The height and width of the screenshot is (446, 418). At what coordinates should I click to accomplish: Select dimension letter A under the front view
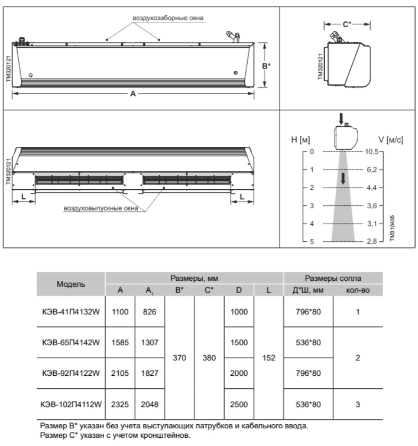point(132,94)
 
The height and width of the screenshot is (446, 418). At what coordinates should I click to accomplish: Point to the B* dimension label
point(267,65)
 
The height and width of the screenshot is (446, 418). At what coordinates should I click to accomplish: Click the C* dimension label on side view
point(347,24)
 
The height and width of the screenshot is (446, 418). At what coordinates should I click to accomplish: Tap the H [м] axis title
point(301,139)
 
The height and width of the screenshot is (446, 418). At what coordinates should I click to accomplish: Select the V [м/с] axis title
point(391,139)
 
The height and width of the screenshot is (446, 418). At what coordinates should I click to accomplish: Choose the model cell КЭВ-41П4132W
point(71,311)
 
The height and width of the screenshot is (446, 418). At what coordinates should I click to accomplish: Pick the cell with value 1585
point(119,342)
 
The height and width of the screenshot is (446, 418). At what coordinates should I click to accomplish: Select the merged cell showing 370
point(179,358)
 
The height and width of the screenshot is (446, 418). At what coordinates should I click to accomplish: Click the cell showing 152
point(268,358)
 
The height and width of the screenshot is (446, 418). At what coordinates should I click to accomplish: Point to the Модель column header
point(71,284)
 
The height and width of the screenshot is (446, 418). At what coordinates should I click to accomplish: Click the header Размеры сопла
point(333,278)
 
